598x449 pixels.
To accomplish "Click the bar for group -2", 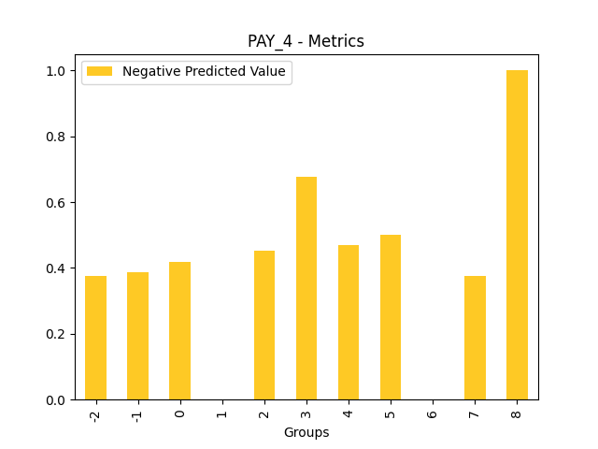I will [x=95, y=338].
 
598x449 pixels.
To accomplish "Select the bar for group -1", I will [x=137, y=336].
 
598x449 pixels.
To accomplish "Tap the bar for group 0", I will [x=179, y=330].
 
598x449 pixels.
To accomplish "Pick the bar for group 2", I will [x=264, y=325].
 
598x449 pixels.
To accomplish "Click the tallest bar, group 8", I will [x=517, y=235].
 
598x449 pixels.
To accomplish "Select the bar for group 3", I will [x=306, y=288].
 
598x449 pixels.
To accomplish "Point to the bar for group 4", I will [x=349, y=322].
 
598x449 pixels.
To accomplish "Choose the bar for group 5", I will [x=391, y=317].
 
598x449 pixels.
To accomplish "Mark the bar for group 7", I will [x=475, y=338].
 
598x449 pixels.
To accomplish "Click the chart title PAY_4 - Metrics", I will [x=306, y=41].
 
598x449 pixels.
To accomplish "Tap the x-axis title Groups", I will [x=306, y=432].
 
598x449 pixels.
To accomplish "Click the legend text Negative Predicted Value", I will [x=204, y=72].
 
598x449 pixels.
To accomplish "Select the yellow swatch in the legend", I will [x=100, y=72].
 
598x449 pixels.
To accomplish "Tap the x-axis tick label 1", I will [x=221, y=412].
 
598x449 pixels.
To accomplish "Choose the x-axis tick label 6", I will [x=433, y=412].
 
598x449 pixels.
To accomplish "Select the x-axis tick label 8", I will [x=517, y=412].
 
